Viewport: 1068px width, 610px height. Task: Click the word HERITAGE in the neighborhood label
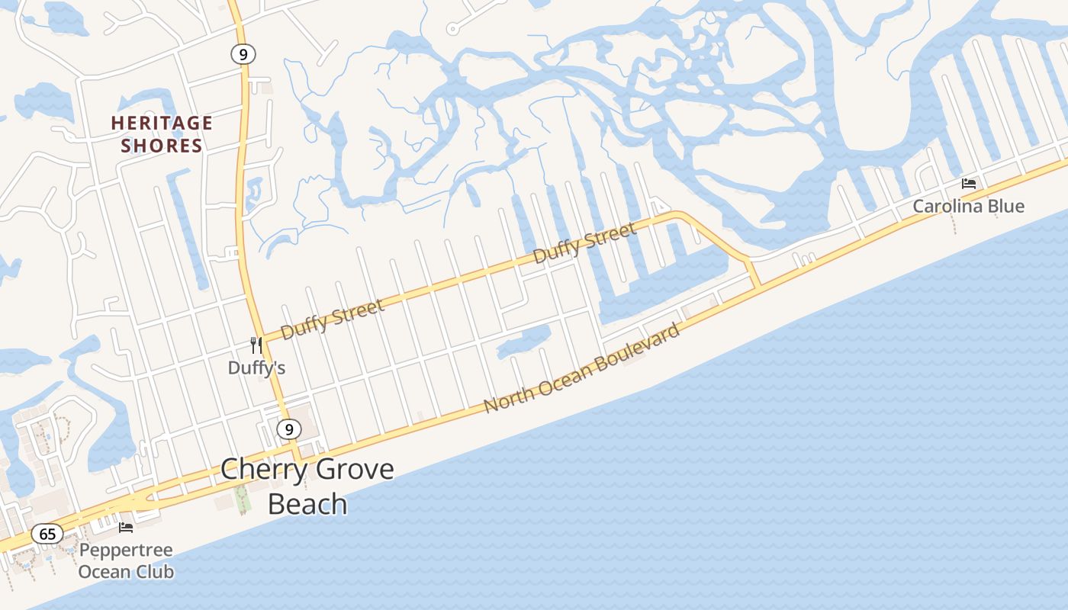pyautogui.click(x=162, y=123)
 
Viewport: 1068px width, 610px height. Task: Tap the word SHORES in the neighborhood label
pyautogui.click(x=162, y=146)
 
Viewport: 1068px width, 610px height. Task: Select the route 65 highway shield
pyautogui.click(x=47, y=534)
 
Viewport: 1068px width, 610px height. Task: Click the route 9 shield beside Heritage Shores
pyautogui.click(x=243, y=54)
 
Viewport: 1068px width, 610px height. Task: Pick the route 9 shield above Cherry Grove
pyautogui.click(x=288, y=429)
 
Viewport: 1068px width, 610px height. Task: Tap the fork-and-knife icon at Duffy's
pyautogui.click(x=256, y=345)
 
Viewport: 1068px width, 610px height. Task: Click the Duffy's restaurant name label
pyautogui.click(x=256, y=368)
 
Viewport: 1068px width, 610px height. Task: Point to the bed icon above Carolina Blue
pyautogui.click(x=969, y=184)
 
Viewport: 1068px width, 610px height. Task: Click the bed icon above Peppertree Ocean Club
pyautogui.click(x=126, y=527)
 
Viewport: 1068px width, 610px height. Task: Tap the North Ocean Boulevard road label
pyautogui.click(x=582, y=368)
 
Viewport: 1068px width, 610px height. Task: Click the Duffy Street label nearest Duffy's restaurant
pyautogui.click(x=333, y=319)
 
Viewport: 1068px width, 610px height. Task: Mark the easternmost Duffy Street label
pyautogui.click(x=584, y=242)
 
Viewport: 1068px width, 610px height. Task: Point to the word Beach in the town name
pyautogui.click(x=307, y=504)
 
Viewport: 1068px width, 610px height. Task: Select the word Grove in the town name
pyautogui.click(x=353, y=469)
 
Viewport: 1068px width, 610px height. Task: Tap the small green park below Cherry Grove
pyautogui.click(x=243, y=499)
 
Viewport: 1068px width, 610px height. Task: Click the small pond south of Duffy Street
pyautogui.click(x=525, y=340)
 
